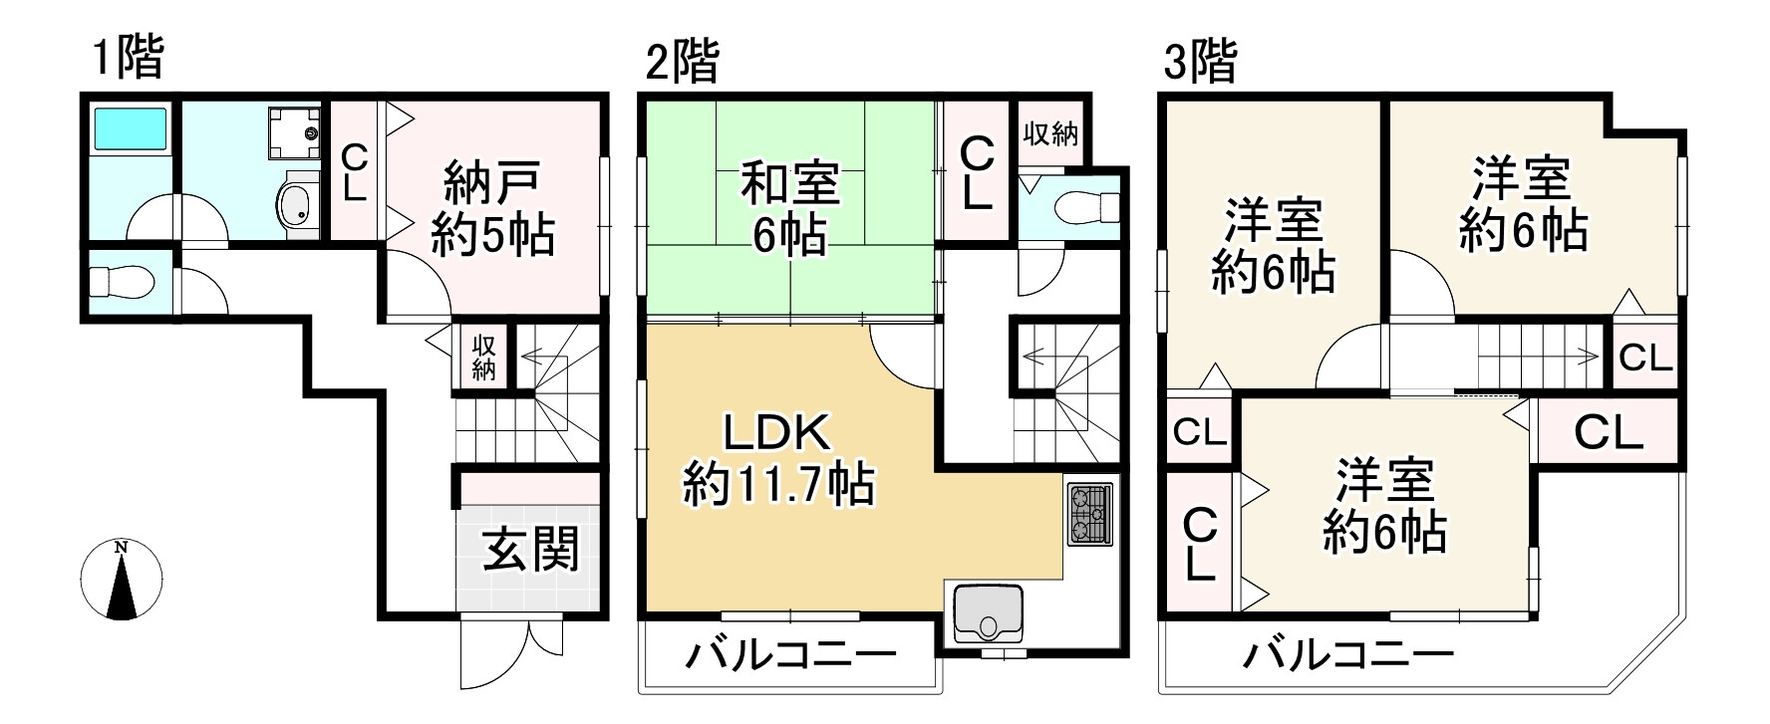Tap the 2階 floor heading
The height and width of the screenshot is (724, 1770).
[681, 62]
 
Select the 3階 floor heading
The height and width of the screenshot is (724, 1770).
[1200, 62]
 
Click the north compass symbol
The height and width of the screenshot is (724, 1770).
[122, 581]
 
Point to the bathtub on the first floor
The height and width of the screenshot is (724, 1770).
[130, 130]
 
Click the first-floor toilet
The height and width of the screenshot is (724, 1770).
[121, 283]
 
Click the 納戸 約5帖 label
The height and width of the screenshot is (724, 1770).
[492, 210]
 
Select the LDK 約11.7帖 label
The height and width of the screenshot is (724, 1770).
[777, 459]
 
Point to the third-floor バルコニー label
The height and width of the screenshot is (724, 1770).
[1346, 655]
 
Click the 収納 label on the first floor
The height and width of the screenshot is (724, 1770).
[484, 357]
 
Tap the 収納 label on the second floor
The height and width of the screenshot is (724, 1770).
[1050, 133]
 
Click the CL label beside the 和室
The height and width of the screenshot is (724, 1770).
[976, 172]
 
